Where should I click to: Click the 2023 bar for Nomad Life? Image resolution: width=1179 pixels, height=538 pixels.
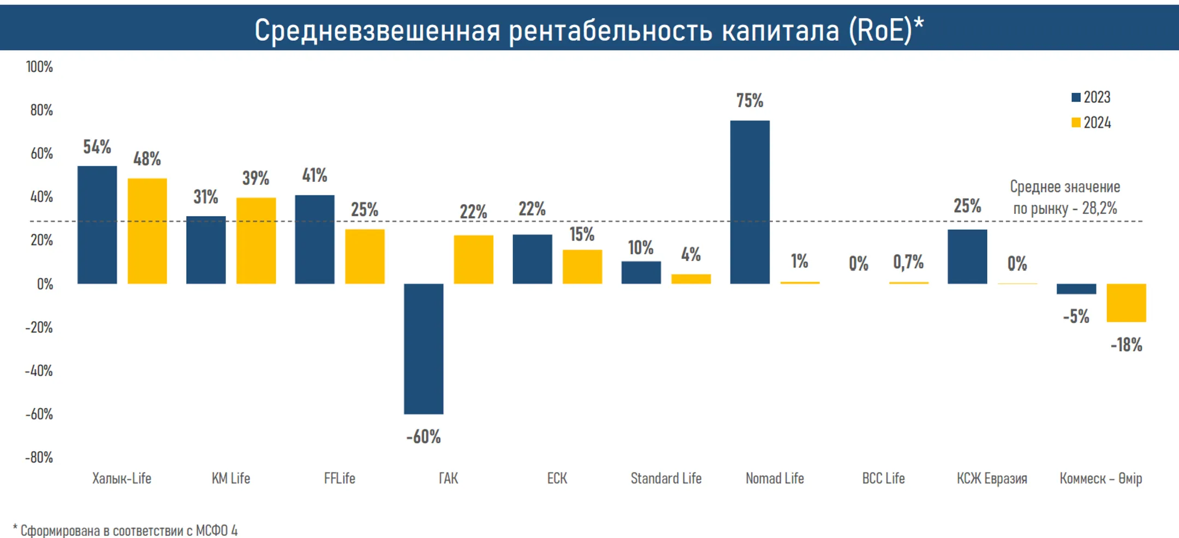tap(749, 202)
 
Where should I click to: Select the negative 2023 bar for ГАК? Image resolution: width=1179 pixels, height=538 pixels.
tap(424, 349)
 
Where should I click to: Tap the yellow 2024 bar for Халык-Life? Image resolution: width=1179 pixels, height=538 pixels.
tap(147, 231)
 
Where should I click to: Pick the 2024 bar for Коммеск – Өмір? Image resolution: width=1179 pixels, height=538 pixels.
tap(1126, 303)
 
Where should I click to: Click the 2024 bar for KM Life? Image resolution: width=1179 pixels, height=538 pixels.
tap(256, 241)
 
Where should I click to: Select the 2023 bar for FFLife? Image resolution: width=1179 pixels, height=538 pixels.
tap(314, 240)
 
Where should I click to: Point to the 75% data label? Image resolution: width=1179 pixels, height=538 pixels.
tap(749, 100)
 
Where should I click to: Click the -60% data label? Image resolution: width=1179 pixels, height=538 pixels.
tap(424, 437)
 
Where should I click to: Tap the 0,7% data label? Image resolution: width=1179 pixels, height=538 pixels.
tap(908, 262)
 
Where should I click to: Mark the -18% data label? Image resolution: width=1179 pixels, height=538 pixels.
tap(1126, 345)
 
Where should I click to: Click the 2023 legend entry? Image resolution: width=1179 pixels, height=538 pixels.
tap(1091, 97)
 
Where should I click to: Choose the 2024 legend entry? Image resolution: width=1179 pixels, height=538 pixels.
tap(1091, 122)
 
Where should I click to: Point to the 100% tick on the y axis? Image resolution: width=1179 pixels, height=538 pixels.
tap(39, 67)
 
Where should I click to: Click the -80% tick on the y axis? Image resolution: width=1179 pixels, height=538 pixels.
tap(39, 457)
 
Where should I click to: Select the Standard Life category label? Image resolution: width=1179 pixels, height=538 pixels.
tap(666, 479)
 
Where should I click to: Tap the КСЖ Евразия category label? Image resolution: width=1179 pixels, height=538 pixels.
tap(992, 479)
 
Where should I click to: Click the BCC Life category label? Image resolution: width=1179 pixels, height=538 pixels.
tap(883, 479)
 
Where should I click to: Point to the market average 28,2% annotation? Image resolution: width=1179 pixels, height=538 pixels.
tap(1065, 198)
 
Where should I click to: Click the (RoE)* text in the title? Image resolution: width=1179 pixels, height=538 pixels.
tap(886, 30)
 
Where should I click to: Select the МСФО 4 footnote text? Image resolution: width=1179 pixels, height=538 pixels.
tap(217, 530)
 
